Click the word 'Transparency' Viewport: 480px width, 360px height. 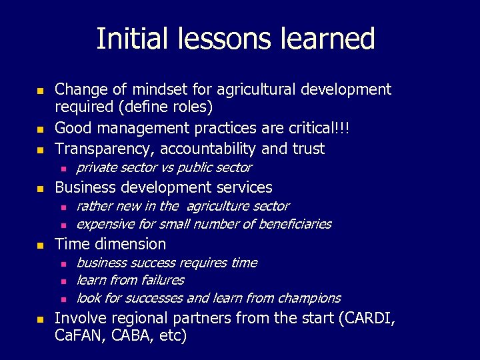tap(101, 148)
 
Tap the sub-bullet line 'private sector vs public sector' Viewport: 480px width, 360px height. tap(164, 167)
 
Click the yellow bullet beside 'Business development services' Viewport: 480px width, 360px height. tap(40, 189)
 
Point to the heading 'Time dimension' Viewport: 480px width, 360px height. tap(110, 244)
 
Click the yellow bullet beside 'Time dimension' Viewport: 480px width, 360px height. tap(40, 245)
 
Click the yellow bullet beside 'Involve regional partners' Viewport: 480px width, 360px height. tap(40, 320)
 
